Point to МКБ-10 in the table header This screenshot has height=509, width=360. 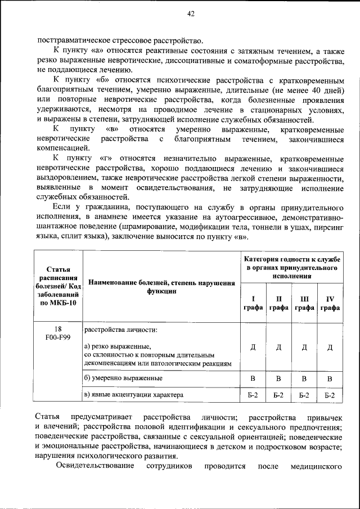pos(58,303)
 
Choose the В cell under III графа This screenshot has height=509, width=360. pos(304,378)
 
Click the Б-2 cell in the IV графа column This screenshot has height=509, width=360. pos(330,396)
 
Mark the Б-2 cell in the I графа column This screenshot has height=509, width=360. pos(253,395)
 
